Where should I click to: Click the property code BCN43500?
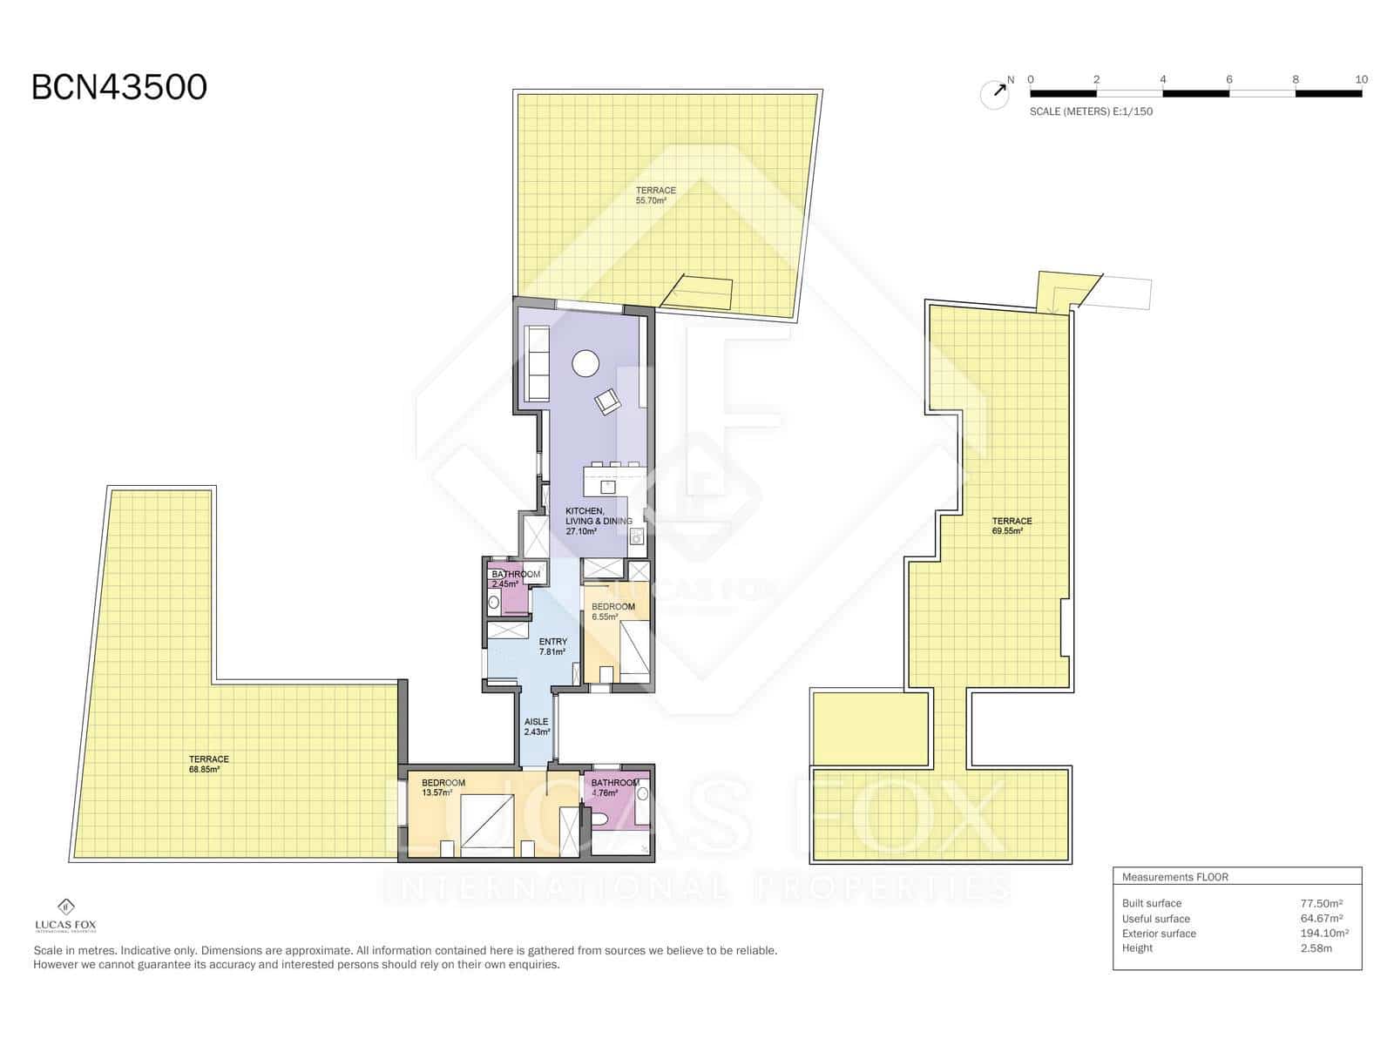119,87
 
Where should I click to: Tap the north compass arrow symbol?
996,92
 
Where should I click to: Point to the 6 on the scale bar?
1229,79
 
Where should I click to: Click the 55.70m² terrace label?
654,195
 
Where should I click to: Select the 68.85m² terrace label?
208,765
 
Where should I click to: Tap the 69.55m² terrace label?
1012,525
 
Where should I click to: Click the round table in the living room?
585,362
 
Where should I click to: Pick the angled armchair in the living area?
607,401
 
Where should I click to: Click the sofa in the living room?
537,363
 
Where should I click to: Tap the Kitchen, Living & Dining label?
598,521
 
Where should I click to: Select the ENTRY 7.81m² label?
552,646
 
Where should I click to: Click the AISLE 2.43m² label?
537,726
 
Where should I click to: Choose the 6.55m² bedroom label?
612,611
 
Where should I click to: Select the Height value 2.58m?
1316,948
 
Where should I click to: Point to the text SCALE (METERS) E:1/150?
1091,111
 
